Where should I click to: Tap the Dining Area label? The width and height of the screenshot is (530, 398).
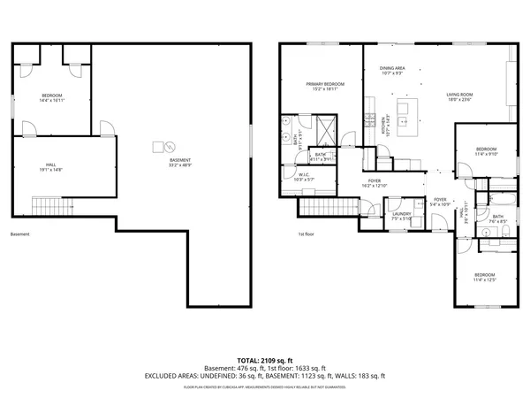click(392, 71)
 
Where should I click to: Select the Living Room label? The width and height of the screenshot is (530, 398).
click(459, 97)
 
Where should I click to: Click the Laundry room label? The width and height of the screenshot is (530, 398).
click(402, 215)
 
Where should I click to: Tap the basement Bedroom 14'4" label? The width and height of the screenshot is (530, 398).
click(52, 97)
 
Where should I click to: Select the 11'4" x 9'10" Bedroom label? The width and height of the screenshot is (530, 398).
click(487, 151)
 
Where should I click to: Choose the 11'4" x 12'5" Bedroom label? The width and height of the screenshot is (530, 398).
click(485, 277)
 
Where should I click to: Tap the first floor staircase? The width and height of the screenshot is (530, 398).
click(319, 207)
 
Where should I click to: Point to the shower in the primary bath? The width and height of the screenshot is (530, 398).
click(323, 130)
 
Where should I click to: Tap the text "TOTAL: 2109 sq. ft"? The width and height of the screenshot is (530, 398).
click(265, 360)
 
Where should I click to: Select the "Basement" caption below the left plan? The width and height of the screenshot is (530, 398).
click(19, 234)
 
